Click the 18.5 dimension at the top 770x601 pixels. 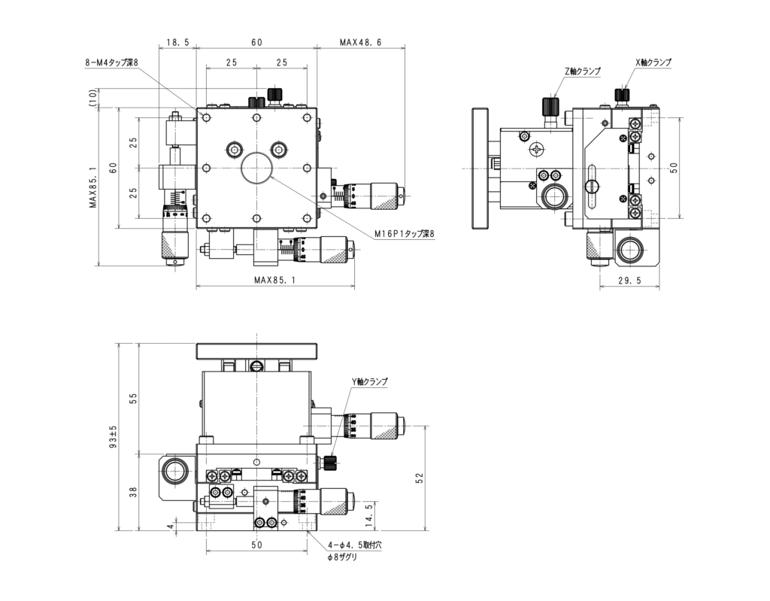[x=177, y=43]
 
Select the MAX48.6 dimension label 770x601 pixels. [x=360, y=43]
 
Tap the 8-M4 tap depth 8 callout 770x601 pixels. [x=111, y=65]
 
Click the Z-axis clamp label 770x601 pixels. [x=583, y=71]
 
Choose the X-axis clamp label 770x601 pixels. [x=653, y=62]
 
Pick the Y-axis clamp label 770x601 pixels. [x=369, y=382]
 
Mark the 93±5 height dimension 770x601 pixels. [x=113, y=437]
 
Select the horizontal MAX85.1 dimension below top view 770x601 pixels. [x=274, y=280]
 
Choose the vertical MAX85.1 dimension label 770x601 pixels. [x=93, y=187]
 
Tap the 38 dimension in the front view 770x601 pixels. [x=133, y=493]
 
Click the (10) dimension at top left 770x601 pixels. [x=93, y=98]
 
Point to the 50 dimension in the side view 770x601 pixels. [x=675, y=166]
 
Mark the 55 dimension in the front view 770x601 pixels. [x=133, y=399]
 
